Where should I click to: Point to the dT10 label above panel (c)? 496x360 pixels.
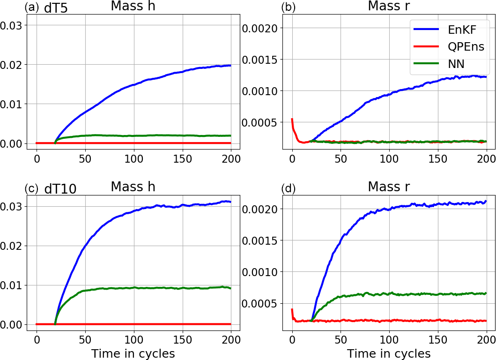coord(60,189)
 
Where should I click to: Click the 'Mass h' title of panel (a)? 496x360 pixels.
coord(133,6)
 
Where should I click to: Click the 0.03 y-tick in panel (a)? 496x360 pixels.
coord(11,25)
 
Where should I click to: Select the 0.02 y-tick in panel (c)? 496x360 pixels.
coord(11,246)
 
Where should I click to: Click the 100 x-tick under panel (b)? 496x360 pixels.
coord(389,158)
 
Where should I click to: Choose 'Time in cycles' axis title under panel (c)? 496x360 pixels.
coord(133,353)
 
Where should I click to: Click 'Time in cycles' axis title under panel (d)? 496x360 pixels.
coord(389,353)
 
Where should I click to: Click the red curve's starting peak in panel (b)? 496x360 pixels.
coord(292,119)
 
